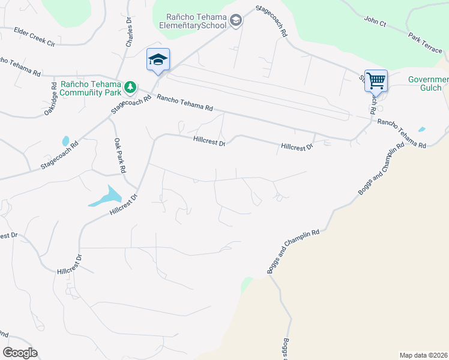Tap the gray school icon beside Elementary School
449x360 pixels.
click(x=236, y=22)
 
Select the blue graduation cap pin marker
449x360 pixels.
click(x=158, y=59)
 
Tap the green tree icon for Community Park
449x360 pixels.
click(x=130, y=88)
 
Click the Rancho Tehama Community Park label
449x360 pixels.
click(x=91, y=89)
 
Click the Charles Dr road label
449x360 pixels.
click(x=129, y=32)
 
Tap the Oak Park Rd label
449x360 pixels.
click(x=119, y=154)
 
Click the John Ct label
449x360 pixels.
click(x=375, y=22)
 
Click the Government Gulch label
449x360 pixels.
click(x=429, y=83)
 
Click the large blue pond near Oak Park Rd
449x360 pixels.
click(x=107, y=196)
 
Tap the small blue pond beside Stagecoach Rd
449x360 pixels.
click(x=65, y=141)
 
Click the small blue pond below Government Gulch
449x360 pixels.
click(x=422, y=129)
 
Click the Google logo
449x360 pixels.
click(x=20, y=352)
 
